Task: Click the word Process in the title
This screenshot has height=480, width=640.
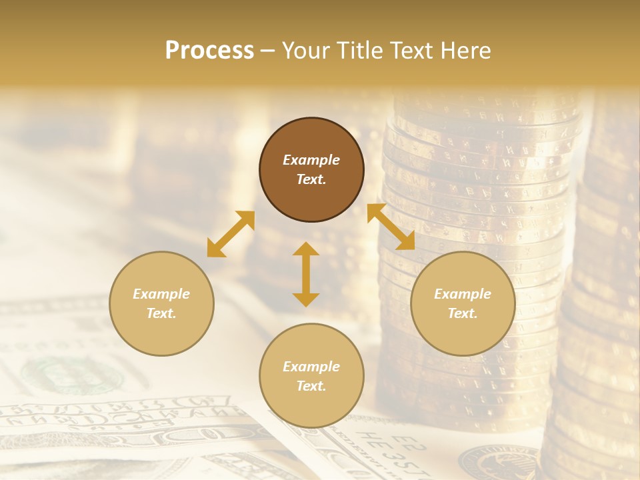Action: pyautogui.click(x=209, y=51)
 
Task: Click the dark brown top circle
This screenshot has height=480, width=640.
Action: pyautogui.click(x=311, y=133)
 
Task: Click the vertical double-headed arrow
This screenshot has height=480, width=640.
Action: pyautogui.click(x=306, y=274)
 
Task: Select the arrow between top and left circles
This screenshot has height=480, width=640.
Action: pyautogui.click(x=231, y=234)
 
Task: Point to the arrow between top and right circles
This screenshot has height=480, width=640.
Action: pyautogui.click(x=391, y=227)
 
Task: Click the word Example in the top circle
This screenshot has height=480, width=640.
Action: pyautogui.click(x=311, y=160)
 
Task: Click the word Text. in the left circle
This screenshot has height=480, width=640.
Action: pyautogui.click(x=161, y=313)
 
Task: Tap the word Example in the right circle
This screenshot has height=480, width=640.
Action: pyautogui.click(x=463, y=294)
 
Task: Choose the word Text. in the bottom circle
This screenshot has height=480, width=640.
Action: pyautogui.click(x=311, y=386)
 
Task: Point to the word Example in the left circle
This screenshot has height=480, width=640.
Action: pyautogui.click(x=161, y=294)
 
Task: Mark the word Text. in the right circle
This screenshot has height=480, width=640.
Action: pyautogui.click(x=463, y=313)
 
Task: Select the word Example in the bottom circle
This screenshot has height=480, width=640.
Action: pyautogui.click(x=311, y=367)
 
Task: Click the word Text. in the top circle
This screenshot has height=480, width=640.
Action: pyautogui.click(x=311, y=179)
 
